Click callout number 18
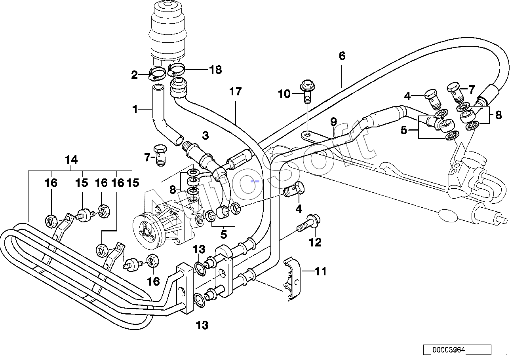(215, 70)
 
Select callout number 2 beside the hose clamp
(134, 75)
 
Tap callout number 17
(236, 91)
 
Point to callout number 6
(342, 56)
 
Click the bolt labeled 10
(307, 91)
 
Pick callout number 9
(333, 122)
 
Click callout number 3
(206, 136)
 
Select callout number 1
(135, 110)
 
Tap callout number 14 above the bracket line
(71, 160)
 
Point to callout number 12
(315, 242)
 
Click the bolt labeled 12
(308, 224)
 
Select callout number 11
(321, 271)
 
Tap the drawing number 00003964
(449, 350)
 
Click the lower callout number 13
(202, 325)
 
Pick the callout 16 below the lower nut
(154, 281)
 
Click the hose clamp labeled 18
(176, 70)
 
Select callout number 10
(284, 94)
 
